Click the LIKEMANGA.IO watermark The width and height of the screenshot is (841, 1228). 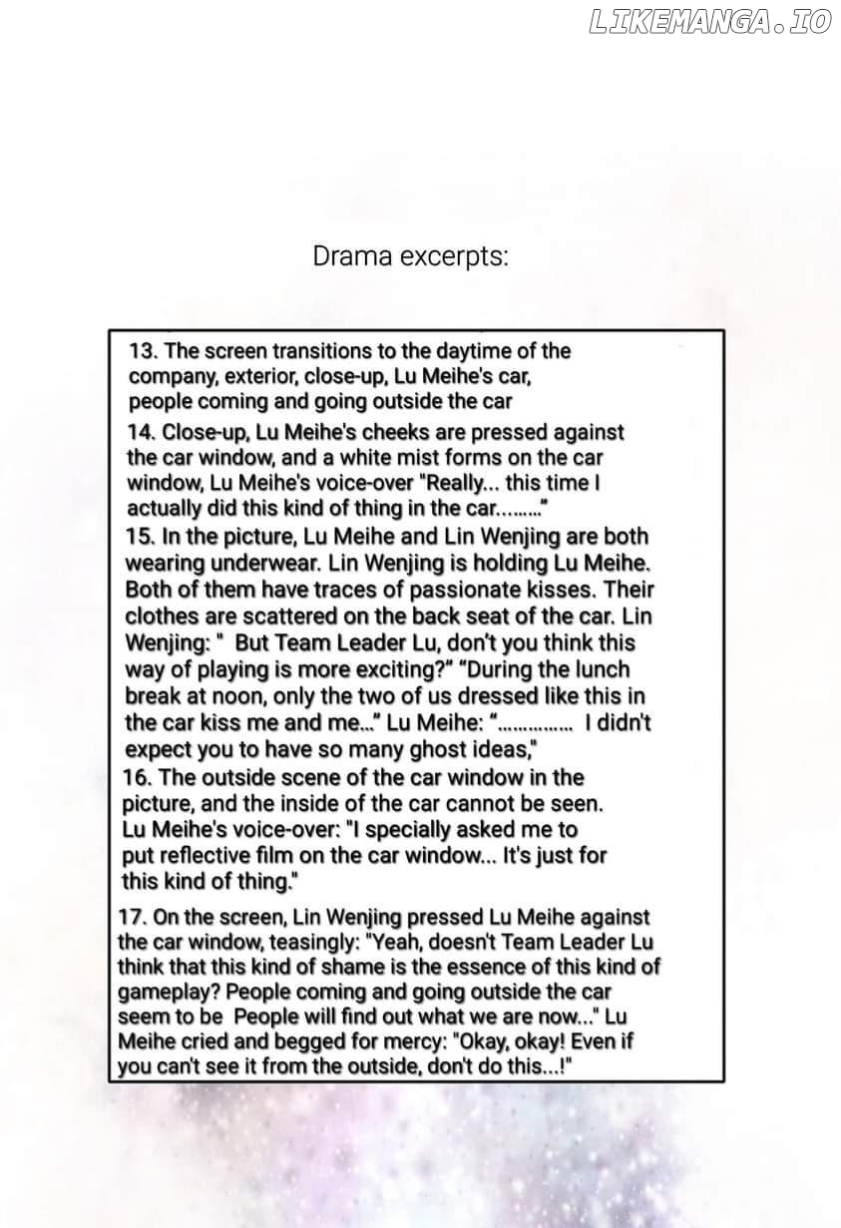709,23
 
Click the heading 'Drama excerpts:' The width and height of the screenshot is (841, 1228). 410,256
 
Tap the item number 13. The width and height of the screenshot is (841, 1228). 143,351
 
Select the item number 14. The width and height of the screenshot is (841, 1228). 141,433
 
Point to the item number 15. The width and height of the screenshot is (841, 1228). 139,536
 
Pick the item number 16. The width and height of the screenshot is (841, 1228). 137,777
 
